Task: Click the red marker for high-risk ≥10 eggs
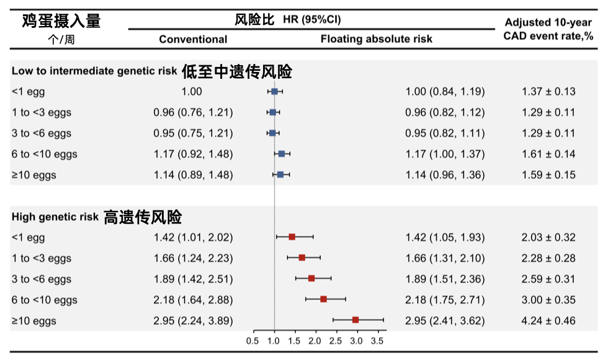coord(355,320)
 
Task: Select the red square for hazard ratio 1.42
coord(292,237)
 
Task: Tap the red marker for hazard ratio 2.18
coord(324,299)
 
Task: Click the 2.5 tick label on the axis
coord(336,341)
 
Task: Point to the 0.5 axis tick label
coord(253,341)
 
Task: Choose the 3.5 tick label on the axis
coord(377,341)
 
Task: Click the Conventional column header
coord(193,39)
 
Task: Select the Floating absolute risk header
coord(376,38)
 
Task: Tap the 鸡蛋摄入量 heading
coord(61,20)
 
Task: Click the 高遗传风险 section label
coord(143,217)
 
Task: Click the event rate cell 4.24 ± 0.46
coord(548,321)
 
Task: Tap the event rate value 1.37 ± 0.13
coord(548,92)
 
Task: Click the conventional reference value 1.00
coord(192,92)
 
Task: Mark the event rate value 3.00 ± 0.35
coord(548,300)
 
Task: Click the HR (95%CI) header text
coord(311,19)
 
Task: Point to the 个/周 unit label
coord(61,40)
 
